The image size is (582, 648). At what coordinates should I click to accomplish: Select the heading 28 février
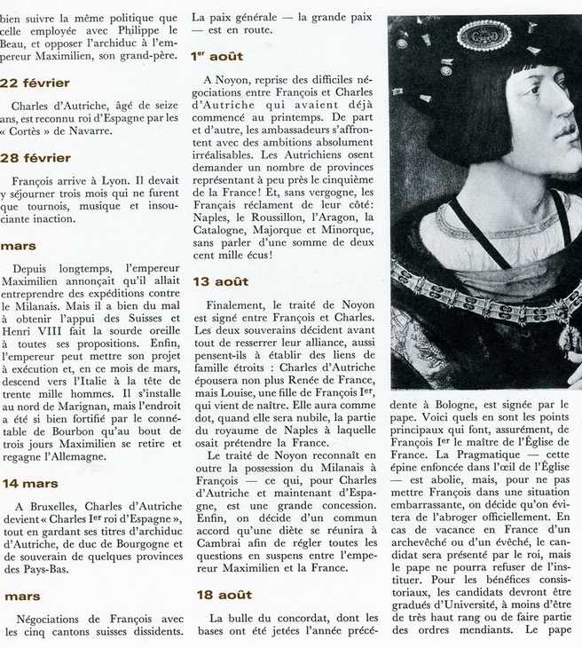(x=35, y=158)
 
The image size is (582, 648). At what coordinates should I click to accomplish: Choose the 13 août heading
(x=220, y=281)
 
